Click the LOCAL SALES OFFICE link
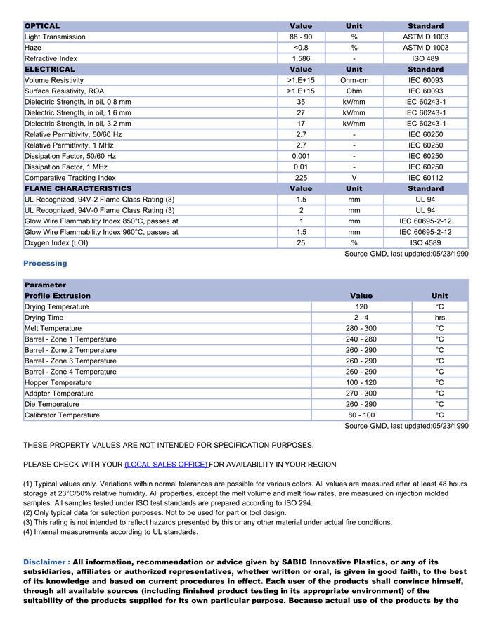coord(166,465)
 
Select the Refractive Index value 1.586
coord(301,58)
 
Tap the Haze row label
coord(34,48)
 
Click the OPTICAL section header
coord(42,26)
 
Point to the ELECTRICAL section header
coord(50,70)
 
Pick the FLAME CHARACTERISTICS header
coord(78,188)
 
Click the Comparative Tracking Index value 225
coord(301,178)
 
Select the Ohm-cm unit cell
coord(354,80)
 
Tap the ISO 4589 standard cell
coord(425,243)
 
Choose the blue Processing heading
coord(45,264)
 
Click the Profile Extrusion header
coord(58,296)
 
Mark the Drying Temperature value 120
coord(361,307)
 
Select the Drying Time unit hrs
coord(439,318)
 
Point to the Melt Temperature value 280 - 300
coord(361,328)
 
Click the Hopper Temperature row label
coord(58,382)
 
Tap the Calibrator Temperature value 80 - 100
coord(361,415)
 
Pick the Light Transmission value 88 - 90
coord(301,37)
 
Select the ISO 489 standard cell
coord(425,58)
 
